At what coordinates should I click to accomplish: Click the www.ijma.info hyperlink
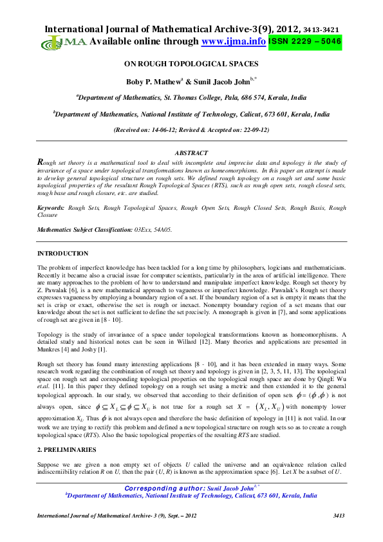tap(234, 41)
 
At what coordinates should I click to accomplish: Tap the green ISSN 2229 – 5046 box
tap(305, 41)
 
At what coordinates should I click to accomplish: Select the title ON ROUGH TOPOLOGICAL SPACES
tap(191, 64)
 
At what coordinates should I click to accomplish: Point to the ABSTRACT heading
tap(191, 153)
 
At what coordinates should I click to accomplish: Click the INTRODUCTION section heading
tap(62, 254)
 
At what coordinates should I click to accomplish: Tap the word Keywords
tap(51, 208)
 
